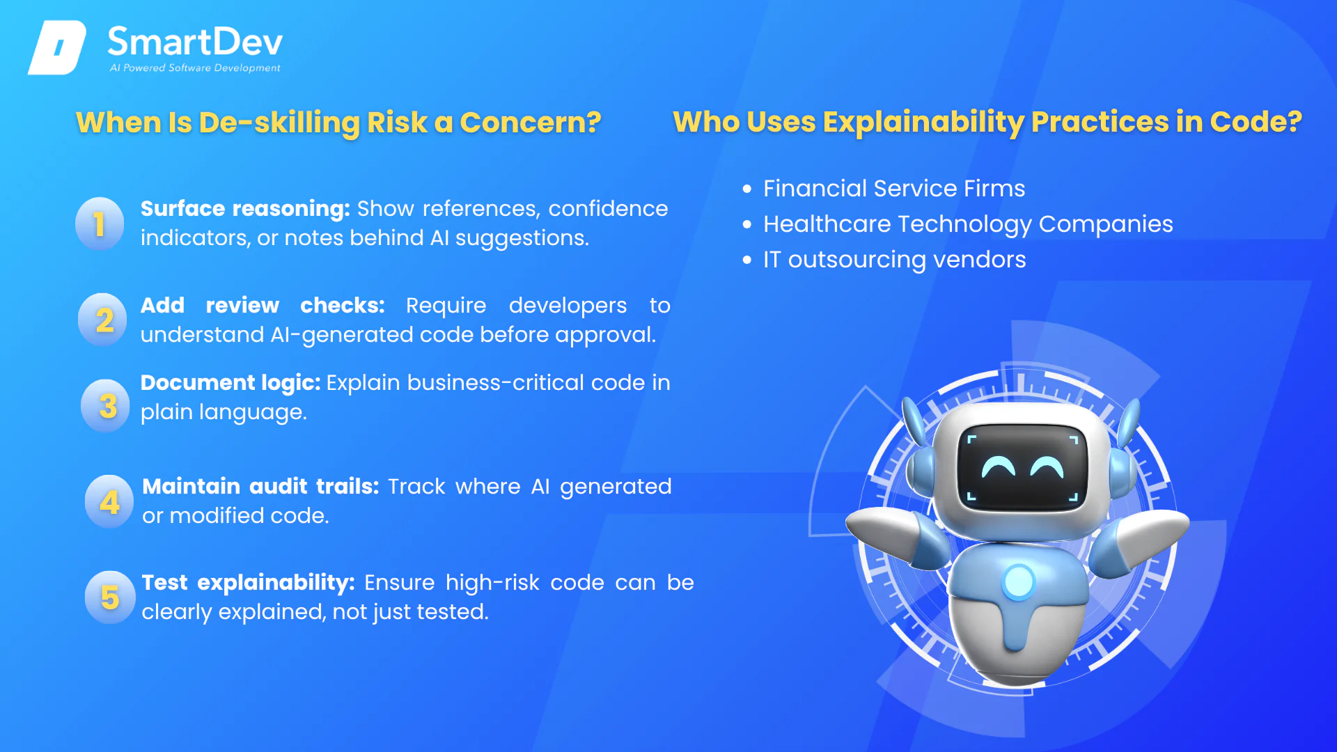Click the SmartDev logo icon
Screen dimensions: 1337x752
point(57,47)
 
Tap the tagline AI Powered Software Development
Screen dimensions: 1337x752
point(195,68)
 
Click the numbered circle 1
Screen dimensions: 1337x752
point(100,224)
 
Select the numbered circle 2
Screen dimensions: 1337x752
point(102,320)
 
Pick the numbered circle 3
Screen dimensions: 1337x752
point(105,406)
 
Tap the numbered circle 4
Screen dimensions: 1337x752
point(109,501)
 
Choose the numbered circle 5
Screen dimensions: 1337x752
point(110,597)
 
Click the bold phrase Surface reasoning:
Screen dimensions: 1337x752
point(245,209)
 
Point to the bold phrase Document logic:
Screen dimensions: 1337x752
point(230,383)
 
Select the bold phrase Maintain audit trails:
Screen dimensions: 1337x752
point(260,486)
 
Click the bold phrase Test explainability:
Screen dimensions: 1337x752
point(248,583)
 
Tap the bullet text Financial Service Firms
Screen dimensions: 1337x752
point(894,188)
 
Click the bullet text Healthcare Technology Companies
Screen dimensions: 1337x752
point(968,224)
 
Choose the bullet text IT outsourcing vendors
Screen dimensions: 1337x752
point(894,260)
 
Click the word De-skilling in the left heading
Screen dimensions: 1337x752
point(279,123)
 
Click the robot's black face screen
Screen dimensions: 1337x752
point(1022,467)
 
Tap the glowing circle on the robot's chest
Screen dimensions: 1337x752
point(1019,581)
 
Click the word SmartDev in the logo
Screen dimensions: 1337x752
point(195,42)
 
